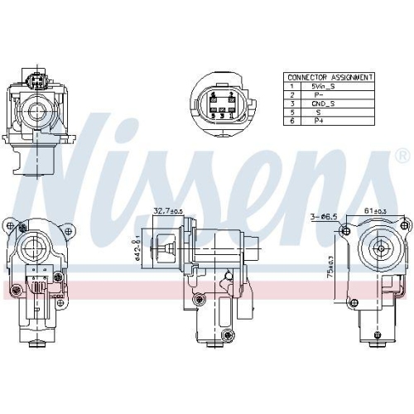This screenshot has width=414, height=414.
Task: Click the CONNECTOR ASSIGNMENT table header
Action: pyautogui.click(x=329, y=77)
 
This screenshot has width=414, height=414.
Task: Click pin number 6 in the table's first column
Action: pyautogui.click(x=291, y=120)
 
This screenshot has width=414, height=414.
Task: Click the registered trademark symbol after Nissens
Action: pyautogui.click(x=402, y=155)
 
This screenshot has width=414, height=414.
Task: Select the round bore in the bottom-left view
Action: pyautogui.click(x=36, y=246)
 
